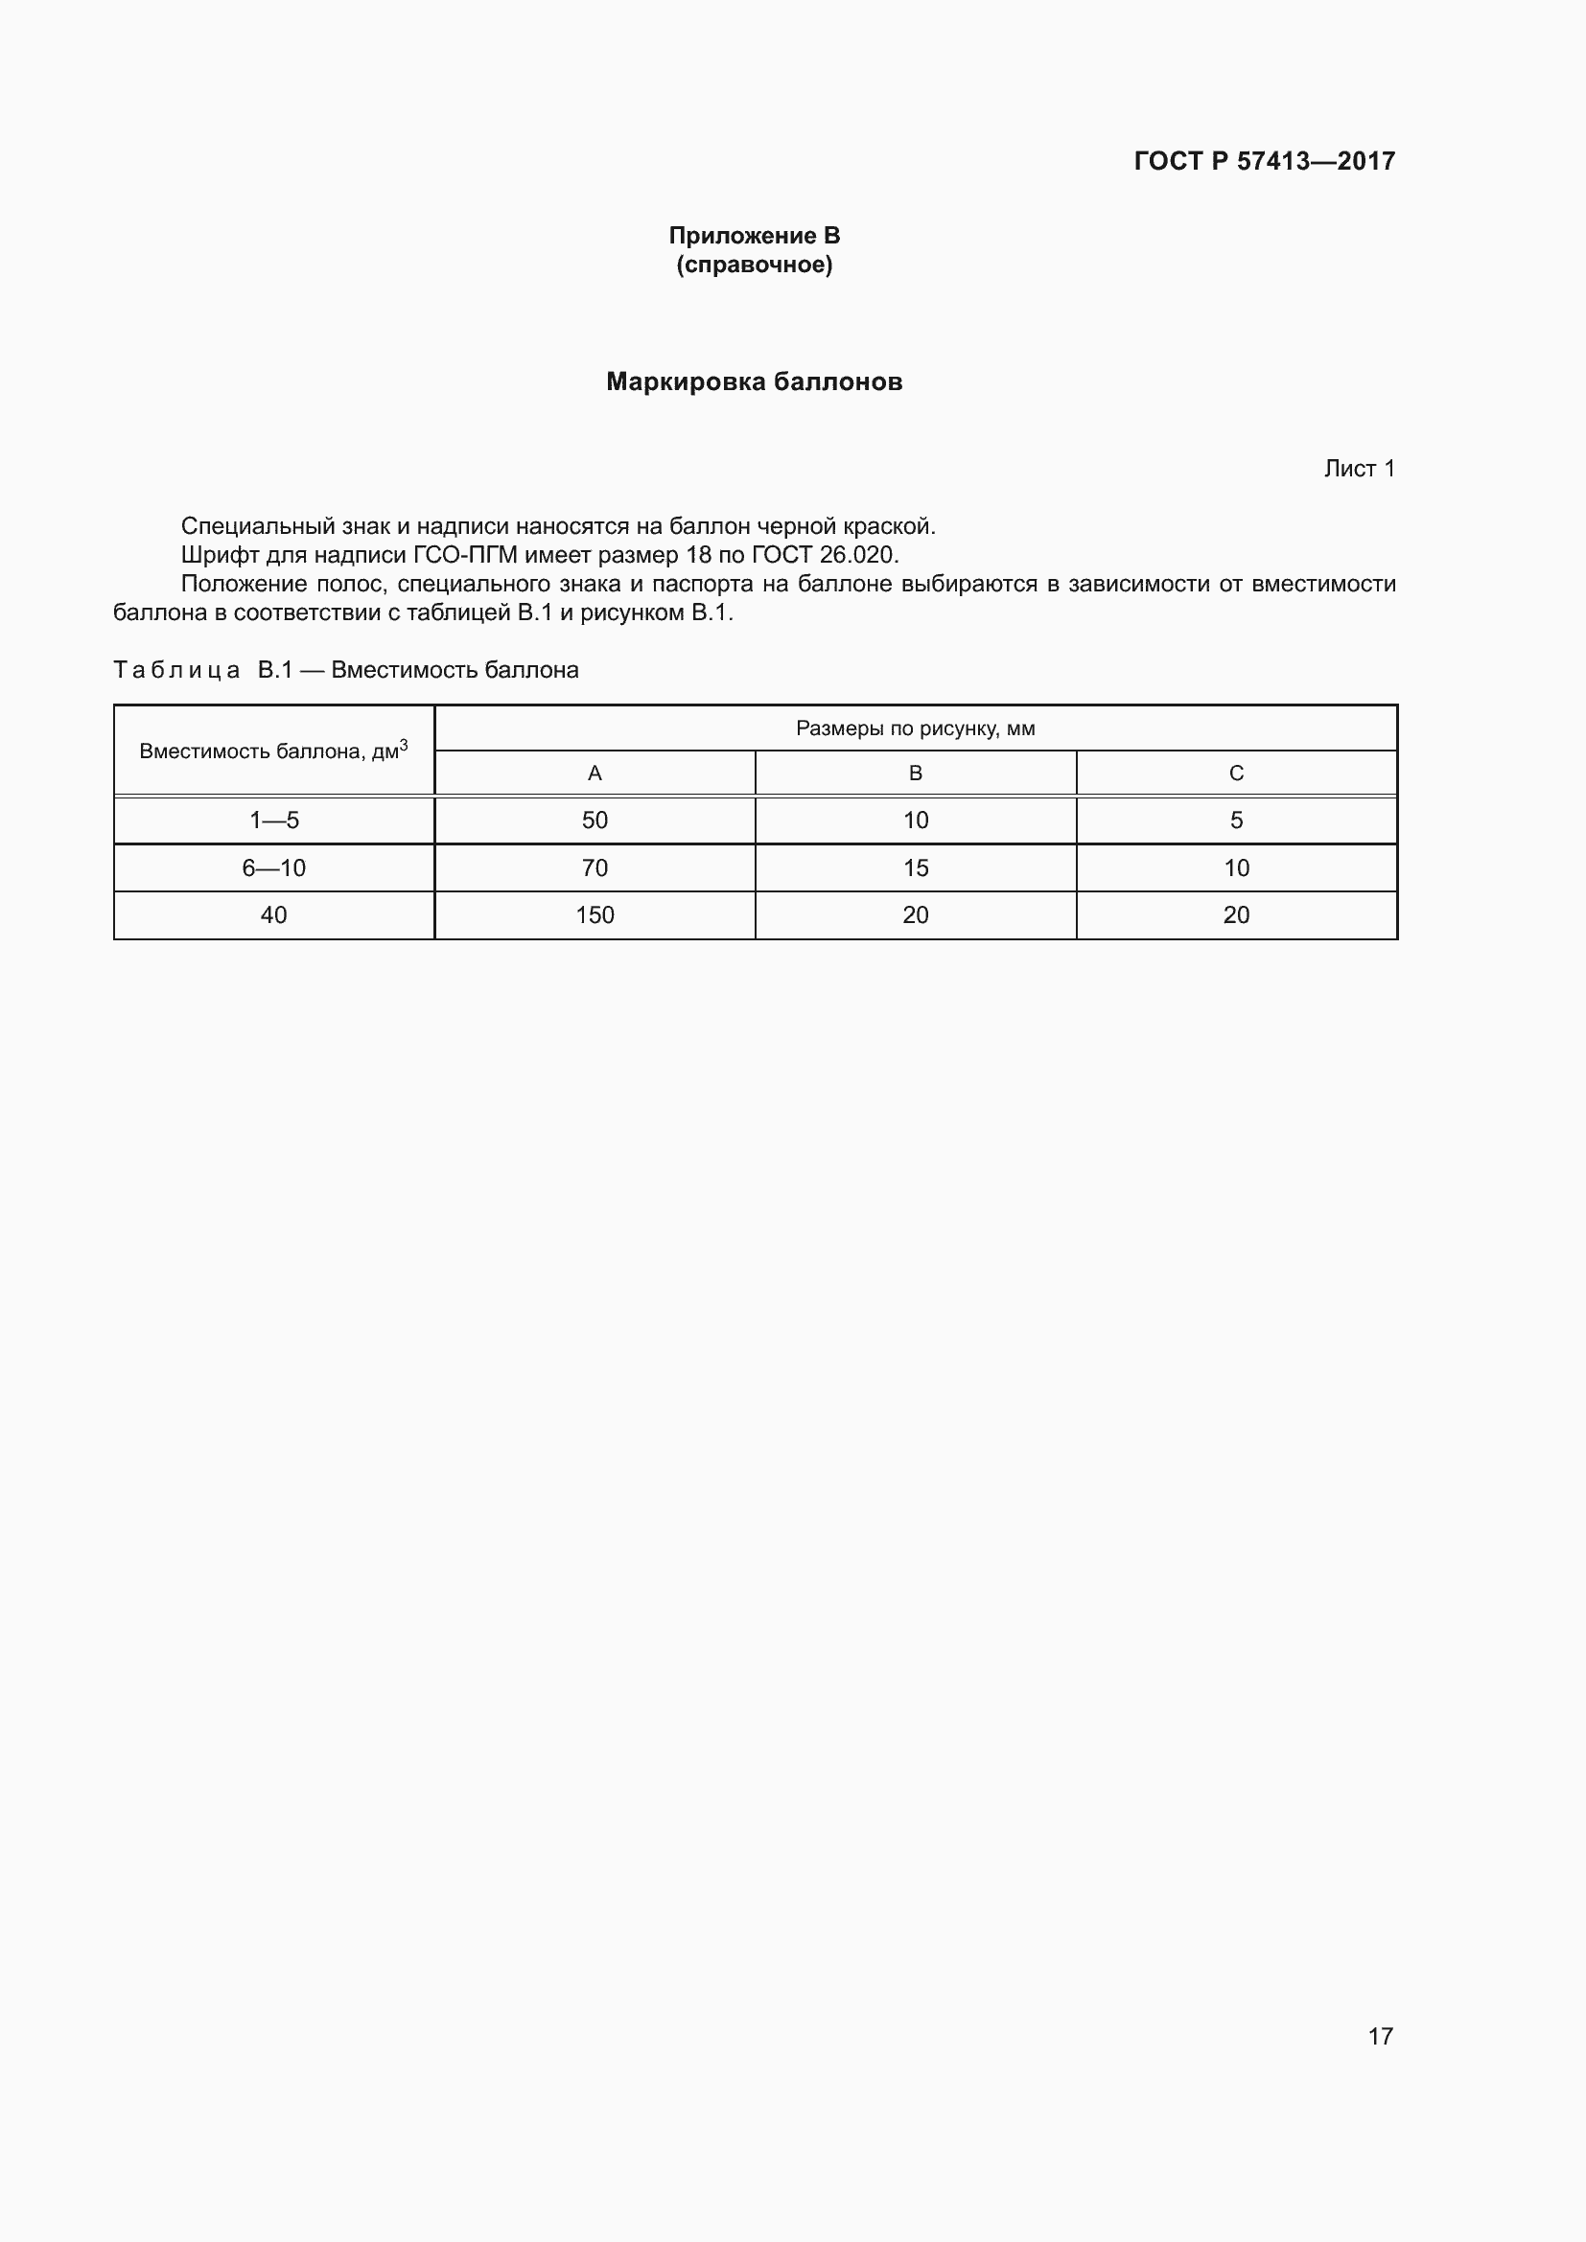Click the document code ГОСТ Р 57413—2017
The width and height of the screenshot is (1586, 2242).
coord(1264,161)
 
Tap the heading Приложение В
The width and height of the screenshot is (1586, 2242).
coord(754,236)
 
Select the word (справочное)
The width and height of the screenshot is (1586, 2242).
coord(754,265)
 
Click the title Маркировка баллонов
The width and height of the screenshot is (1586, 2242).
coord(754,381)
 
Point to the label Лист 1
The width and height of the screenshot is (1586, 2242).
coord(1359,469)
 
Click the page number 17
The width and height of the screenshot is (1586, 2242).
coord(1380,2036)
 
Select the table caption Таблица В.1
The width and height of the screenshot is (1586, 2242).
coord(203,670)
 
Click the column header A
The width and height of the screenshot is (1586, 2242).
coord(594,774)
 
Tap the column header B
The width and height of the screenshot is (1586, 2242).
coord(915,774)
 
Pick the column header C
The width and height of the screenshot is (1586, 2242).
coord(1235,774)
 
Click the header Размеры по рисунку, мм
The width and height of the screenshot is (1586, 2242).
coord(915,728)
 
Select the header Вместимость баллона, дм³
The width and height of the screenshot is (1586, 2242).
coord(273,751)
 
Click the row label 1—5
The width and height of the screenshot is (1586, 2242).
coord(273,821)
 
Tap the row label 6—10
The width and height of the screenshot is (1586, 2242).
coord(273,868)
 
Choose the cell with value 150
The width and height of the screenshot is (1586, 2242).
coord(594,915)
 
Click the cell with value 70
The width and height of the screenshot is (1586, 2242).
coord(594,868)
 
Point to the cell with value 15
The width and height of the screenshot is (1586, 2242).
coord(915,868)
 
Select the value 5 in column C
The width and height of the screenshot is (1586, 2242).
coord(1235,821)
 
